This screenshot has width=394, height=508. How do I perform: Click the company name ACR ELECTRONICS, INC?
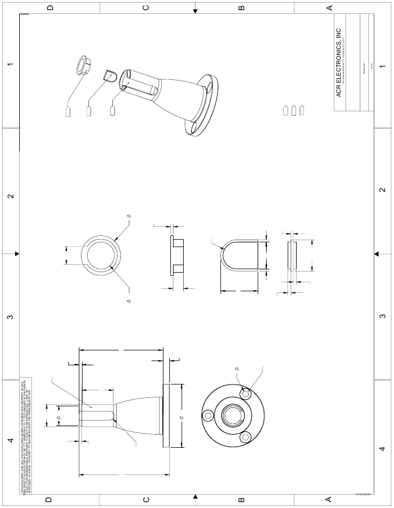(x=339, y=63)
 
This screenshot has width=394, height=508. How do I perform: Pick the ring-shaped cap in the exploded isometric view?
(x=83, y=64)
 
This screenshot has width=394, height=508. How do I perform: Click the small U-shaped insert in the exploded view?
(x=109, y=74)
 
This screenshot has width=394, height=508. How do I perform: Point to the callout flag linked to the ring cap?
(x=68, y=112)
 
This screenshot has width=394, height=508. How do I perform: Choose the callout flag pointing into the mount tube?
(x=112, y=110)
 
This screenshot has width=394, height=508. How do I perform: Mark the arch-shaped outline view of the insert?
(x=239, y=256)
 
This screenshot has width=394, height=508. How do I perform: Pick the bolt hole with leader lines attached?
(x=245, y=395)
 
